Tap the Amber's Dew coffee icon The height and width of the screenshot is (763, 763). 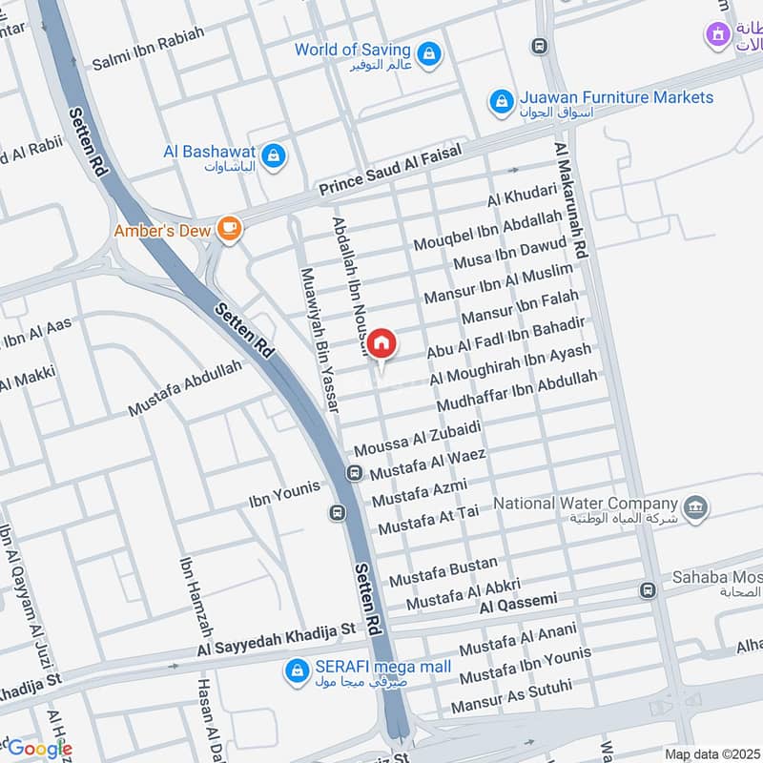[228, 227]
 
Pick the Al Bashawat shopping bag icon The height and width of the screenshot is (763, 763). [274, 155]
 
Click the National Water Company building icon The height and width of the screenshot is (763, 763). [695, 505]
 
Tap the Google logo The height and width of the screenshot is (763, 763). [39, 748]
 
